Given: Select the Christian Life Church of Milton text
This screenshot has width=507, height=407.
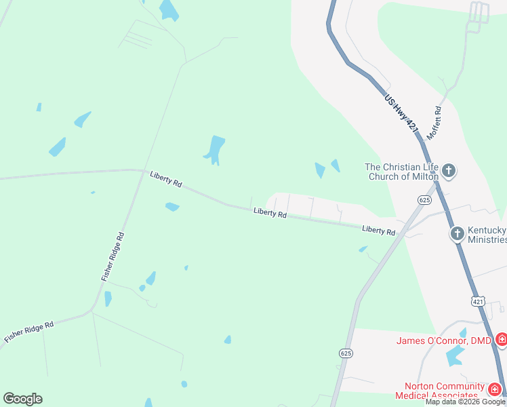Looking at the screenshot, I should [x=402, y=172].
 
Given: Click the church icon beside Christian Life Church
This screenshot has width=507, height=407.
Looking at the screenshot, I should [x=449, y=171].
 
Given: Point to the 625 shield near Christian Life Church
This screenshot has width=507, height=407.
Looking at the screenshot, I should [x=425, y=199].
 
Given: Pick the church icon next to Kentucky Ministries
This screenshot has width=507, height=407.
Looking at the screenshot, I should [x=457, y=234].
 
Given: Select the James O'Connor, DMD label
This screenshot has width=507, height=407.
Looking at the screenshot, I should [x=444, y=340].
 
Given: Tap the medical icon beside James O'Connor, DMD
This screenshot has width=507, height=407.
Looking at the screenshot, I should [x=502, y=339].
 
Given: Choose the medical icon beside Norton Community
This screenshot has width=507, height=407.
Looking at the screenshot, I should [x=495, y=389].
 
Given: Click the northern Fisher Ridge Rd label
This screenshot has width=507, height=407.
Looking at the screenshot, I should [x=113, y=257].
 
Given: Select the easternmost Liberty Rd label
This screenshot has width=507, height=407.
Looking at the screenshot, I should [x=378, y=231].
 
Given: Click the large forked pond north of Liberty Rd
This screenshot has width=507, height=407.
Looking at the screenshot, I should [x=215, y=149].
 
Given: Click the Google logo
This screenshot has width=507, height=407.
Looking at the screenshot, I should [x=22, y=399].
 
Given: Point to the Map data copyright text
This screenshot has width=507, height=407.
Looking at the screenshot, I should [x=466, y=402].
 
